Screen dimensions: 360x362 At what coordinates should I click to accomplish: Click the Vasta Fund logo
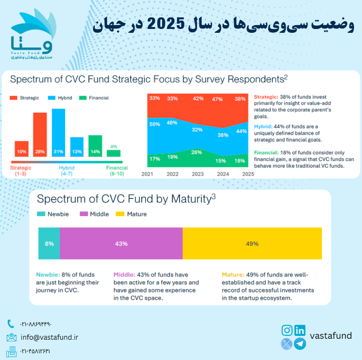(33, 36)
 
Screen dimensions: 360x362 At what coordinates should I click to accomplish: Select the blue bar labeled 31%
(58, 133)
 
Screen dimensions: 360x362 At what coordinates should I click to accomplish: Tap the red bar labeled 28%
(40, 135)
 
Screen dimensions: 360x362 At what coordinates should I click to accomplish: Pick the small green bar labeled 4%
(113, 153)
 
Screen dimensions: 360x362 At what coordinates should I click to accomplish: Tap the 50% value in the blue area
(155, 125)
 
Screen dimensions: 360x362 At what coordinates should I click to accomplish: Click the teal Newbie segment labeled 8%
(49, 244)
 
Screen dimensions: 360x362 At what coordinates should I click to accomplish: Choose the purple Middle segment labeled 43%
(121, 244)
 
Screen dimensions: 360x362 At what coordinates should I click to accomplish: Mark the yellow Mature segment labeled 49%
(252, 244)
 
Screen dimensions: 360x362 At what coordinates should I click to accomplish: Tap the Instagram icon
(287, 331)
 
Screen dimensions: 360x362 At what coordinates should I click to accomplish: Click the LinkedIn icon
(300, 331)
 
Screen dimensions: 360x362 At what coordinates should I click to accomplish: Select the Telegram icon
(300, 344)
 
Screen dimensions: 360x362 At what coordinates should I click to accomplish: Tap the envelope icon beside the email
(12, 337)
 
